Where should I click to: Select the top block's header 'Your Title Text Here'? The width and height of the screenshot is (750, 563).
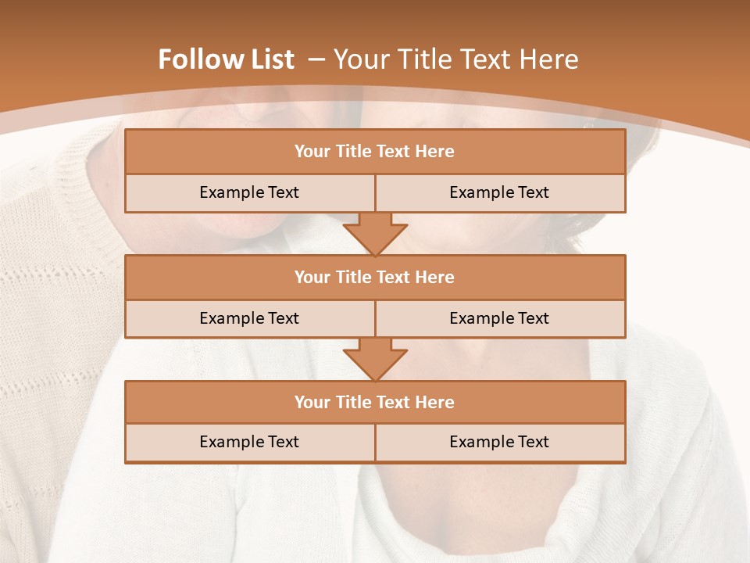pos(374,152)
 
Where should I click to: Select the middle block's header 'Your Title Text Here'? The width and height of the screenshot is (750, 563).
pos(374,278)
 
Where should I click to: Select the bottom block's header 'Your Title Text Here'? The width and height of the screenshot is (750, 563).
pos(374,403)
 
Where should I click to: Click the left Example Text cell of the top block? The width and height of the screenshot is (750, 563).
pos(249,193)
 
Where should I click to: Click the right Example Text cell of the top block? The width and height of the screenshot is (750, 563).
pos(499,193)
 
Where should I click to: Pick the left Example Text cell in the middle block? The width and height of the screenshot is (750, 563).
pos(249,319)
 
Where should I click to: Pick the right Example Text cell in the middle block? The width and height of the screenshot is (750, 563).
pos(499,319)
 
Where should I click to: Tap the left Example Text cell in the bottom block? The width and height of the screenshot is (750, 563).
pos(249,443)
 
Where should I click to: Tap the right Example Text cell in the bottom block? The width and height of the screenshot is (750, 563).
pos(499,443)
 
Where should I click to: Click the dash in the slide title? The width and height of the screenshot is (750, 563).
pos(316,59)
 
